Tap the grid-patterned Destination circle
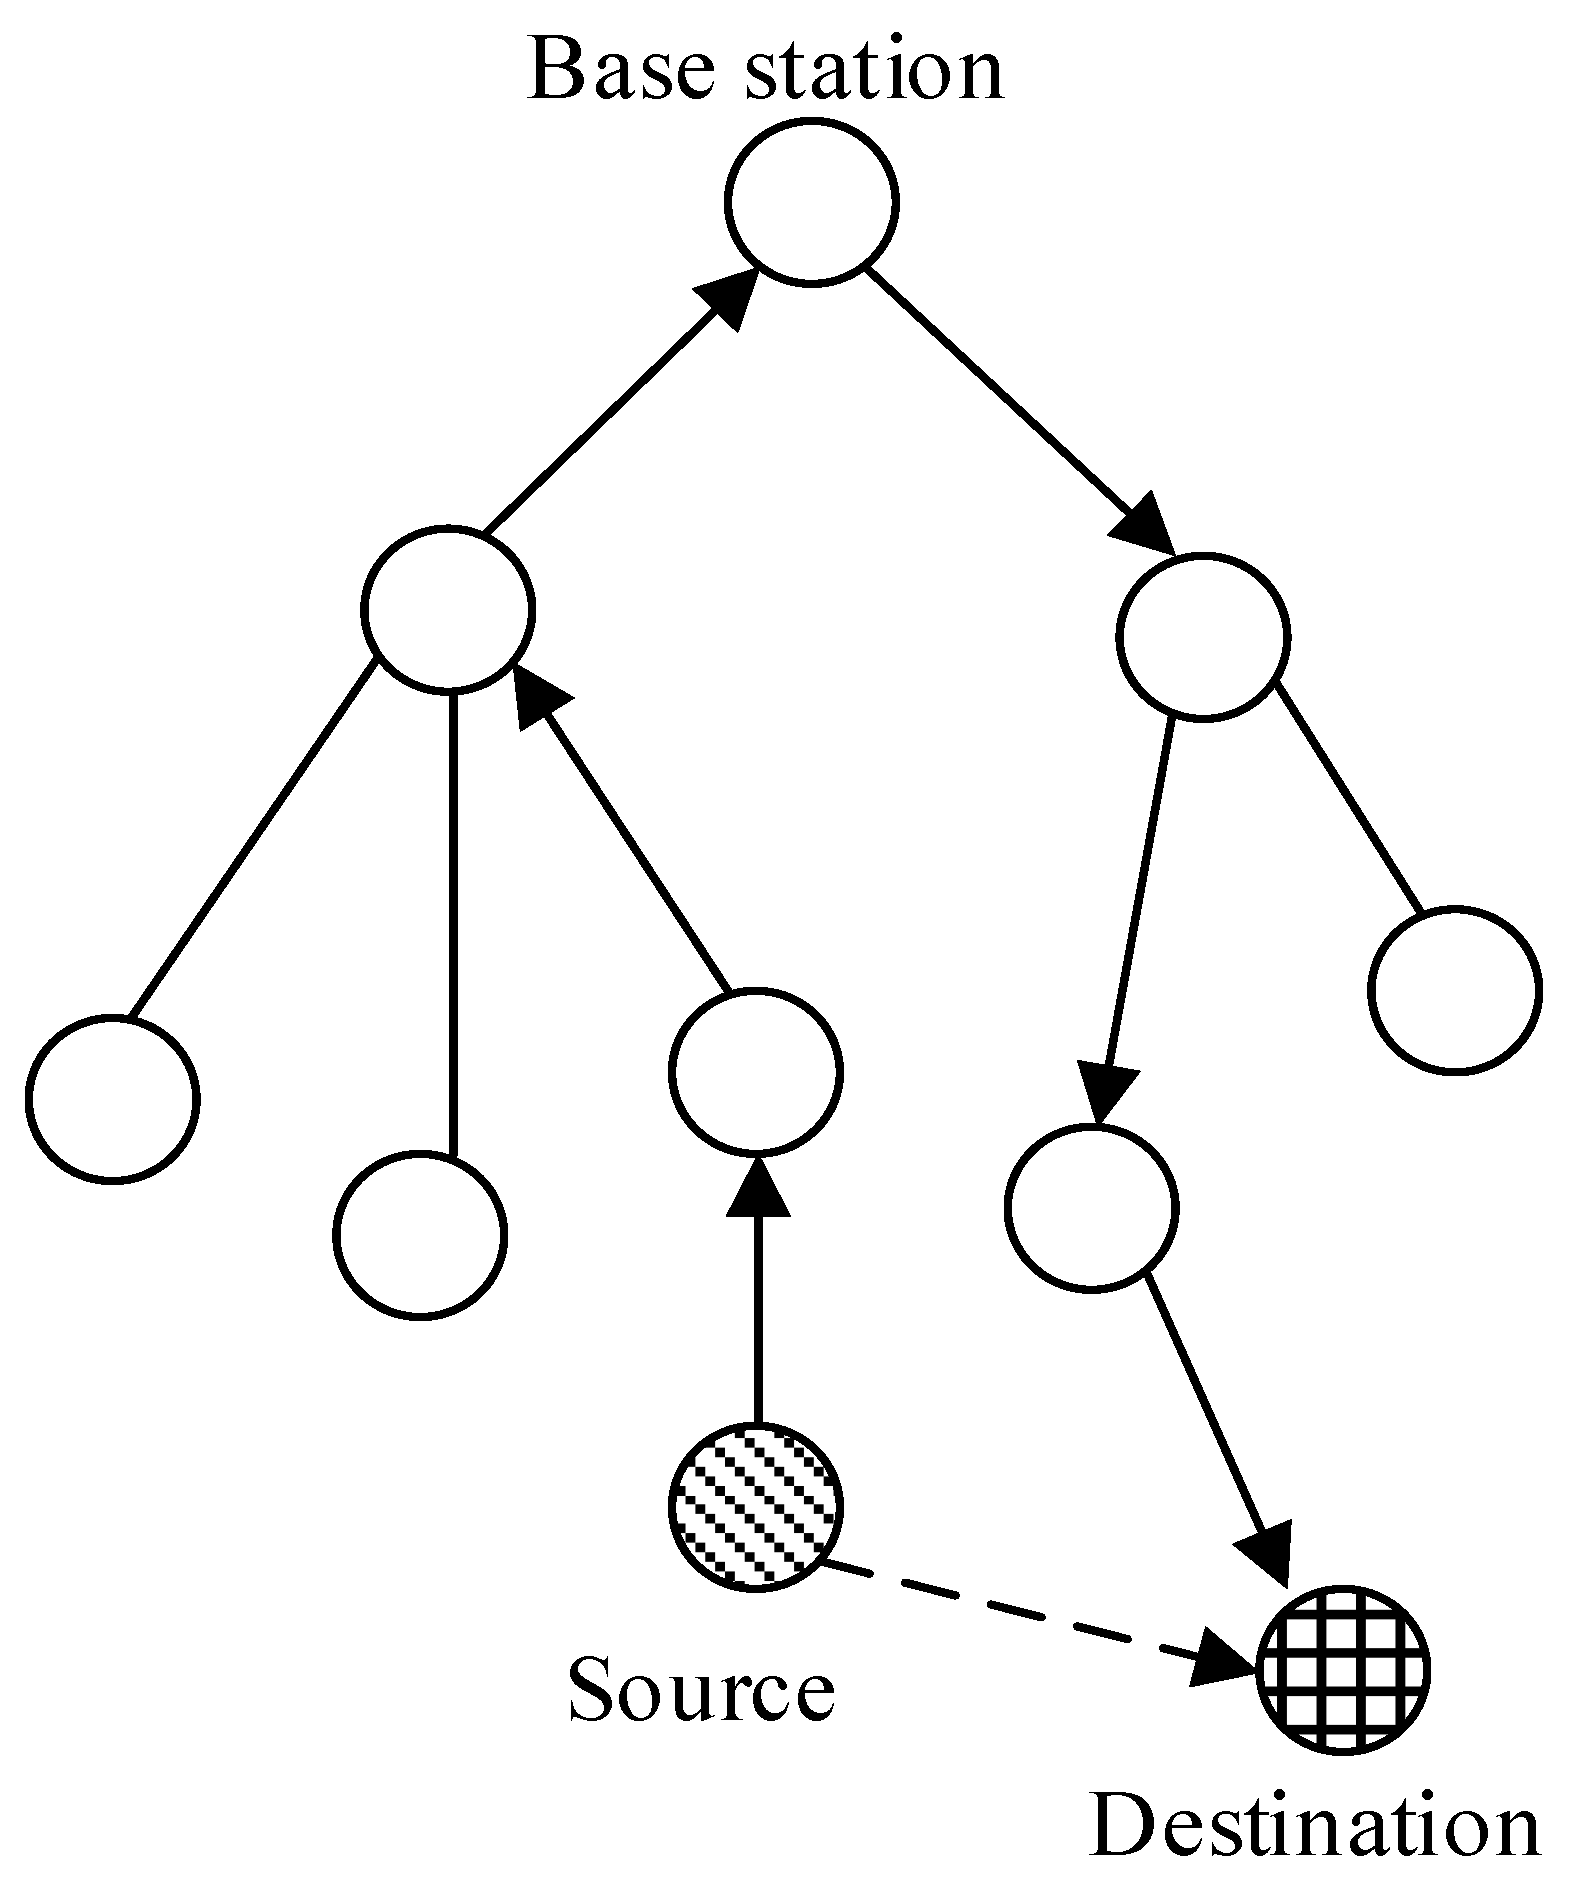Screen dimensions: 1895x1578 (x=1344, y=1668)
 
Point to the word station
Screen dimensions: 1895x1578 (x=873, y=70)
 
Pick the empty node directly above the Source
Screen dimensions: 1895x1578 (x=755, y=1071)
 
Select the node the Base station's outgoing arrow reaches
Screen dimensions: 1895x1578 (x=1202, y=635)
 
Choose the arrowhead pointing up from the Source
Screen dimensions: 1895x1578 (x=756, y=1185)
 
